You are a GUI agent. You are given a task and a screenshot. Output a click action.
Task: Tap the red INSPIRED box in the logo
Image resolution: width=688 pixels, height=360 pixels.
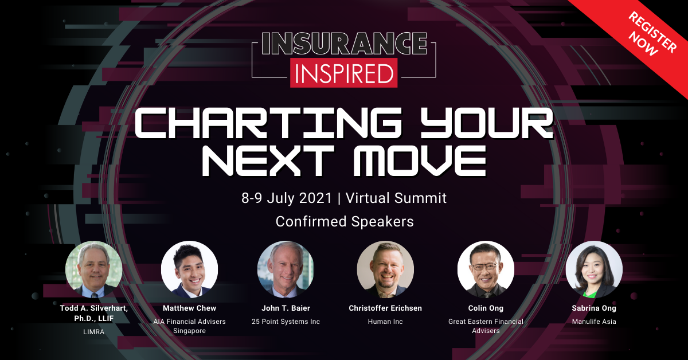coord(343,73)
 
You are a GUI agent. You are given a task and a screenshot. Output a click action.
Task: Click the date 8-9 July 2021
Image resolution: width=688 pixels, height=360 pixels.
coord(287,198)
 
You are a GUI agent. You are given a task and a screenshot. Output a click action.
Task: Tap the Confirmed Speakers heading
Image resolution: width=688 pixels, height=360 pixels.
coord(344,221)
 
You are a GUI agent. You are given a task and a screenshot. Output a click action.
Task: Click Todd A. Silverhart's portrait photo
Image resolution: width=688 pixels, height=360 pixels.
coord(93,269)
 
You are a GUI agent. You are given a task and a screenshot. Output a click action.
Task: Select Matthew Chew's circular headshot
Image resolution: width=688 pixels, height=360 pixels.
coord(189,269)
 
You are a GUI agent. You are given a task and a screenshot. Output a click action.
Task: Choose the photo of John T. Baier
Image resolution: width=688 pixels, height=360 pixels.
coord(286,269)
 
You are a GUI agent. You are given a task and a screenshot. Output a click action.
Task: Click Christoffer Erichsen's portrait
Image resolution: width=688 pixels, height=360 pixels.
coord(385,269)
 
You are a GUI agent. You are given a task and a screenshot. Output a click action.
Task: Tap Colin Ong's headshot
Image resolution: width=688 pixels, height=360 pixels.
coord(486,269)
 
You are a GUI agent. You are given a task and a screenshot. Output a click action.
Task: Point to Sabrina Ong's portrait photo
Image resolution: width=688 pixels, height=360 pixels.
coord(594,269)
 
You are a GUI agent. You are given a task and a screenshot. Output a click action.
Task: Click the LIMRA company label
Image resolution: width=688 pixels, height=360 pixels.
coord(93,332)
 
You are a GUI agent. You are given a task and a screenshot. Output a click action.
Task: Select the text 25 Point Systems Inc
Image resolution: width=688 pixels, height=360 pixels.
coord(286,322)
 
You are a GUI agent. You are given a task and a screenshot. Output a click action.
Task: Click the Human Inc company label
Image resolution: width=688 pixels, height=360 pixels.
coord(385,322)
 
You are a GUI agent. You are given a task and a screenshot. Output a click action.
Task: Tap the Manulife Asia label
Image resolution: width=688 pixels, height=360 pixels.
coord(594,322)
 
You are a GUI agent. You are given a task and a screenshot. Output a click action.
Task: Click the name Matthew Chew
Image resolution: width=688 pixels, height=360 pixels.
coord(189,308)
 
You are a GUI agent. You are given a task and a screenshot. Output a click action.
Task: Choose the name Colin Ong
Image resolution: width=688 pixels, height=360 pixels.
coord(486,308)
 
